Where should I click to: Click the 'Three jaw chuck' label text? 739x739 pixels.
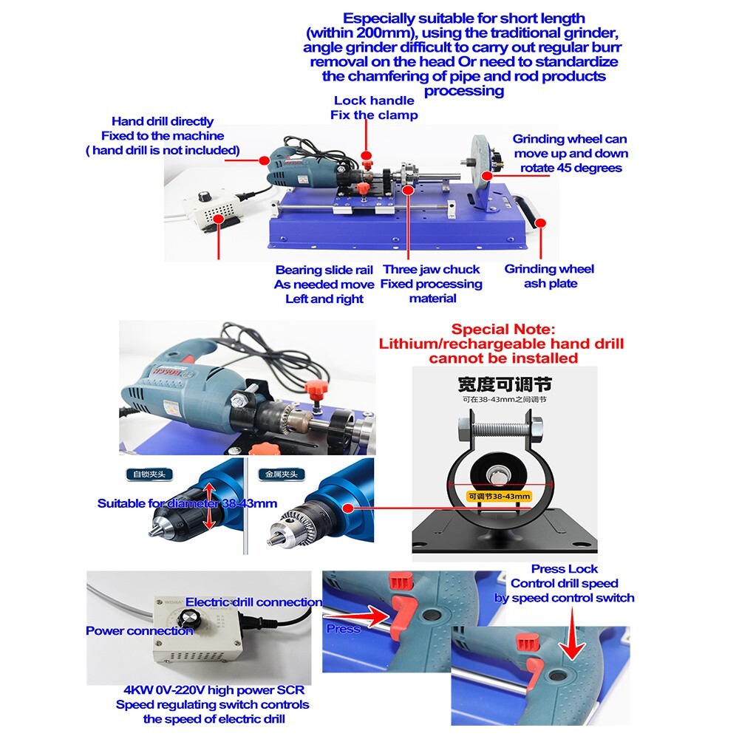click(x=431, y=270)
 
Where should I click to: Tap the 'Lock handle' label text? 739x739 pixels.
click(x=373, y=101)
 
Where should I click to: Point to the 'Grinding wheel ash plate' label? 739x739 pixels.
click(x=549, y=276)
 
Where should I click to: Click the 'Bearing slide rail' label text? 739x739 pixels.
click(x=324, y=270)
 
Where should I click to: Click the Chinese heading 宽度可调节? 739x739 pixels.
click(x=504, y=384)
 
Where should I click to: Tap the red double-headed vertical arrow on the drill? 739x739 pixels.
click(x=209, y=505)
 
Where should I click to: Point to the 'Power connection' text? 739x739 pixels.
click(x=139, y=630)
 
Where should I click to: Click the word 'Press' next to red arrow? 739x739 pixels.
click(x=344, y=628)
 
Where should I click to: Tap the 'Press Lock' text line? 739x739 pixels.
click(x=564, y=568)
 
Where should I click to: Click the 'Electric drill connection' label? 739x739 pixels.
click(x=253, y=602)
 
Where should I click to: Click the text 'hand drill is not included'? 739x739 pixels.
click(x=163, y=150)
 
